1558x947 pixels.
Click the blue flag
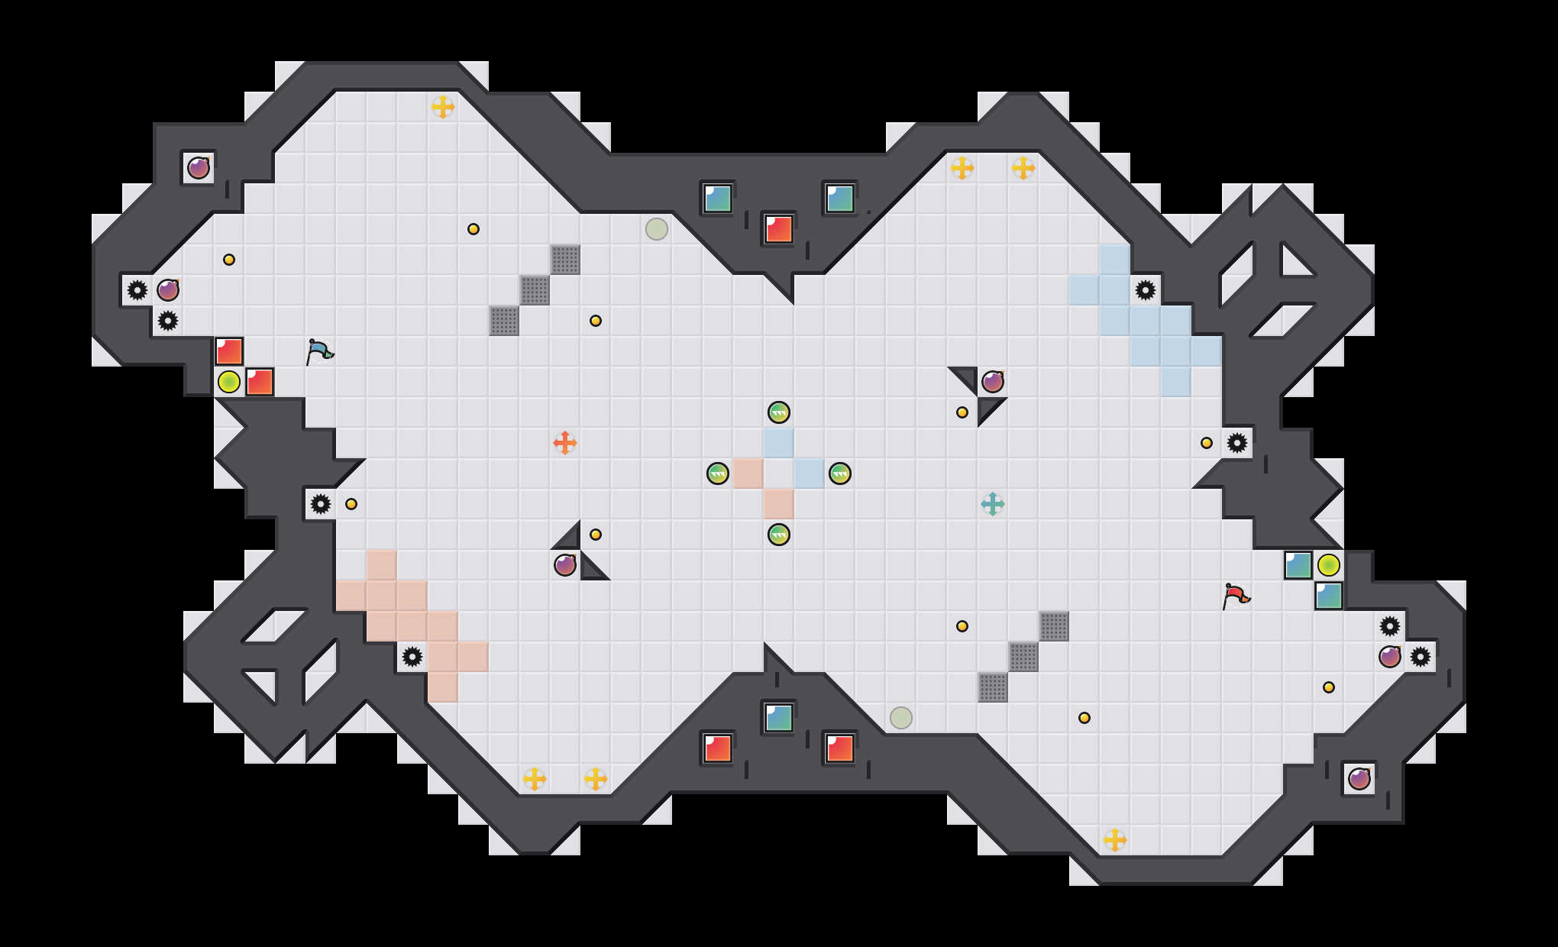(319, 351)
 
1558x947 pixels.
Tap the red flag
(1236, 596)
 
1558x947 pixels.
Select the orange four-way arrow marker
(565, 443)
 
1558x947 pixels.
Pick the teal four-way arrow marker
(993, 504)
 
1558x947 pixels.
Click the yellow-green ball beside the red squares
(229, 382)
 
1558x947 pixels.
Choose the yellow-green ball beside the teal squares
(1329, 565)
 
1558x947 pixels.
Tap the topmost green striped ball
(779, 412)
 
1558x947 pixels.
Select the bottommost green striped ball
(779, 535)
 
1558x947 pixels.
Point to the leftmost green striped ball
(718, 473)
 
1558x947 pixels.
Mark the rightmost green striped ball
(840, 473)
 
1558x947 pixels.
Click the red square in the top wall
(779, 229)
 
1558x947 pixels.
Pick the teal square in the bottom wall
(779, 718)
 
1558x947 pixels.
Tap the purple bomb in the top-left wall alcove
(199, 168)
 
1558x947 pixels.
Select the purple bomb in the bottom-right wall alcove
(1359, 779)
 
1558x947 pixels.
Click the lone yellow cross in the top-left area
(443, 107)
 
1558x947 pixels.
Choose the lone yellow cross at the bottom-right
(1115, 840)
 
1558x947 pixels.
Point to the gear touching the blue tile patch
(1146, 290)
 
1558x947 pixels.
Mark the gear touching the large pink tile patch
(412, 657)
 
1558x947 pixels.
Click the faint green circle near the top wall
(657, 229)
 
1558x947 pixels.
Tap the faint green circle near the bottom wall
(901, 718)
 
